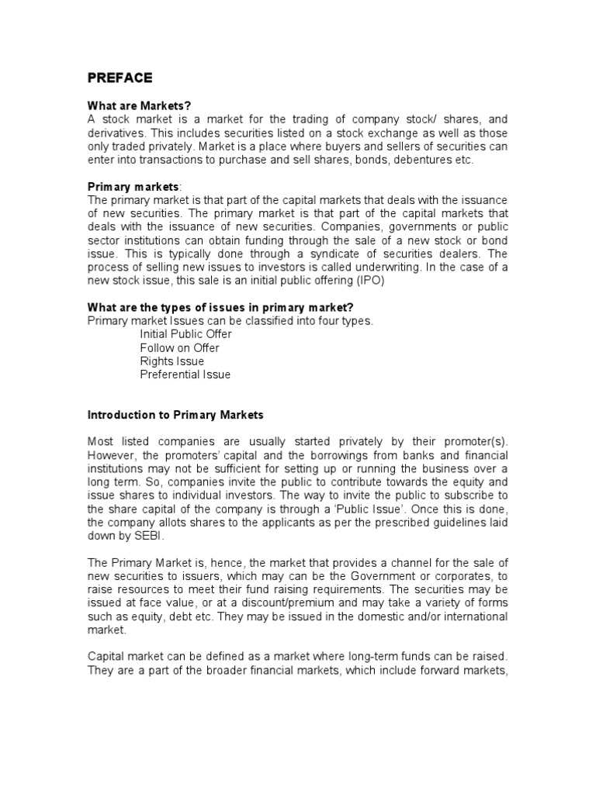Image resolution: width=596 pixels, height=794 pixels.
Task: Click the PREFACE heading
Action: pos(120,78)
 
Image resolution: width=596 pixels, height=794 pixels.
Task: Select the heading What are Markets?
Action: pos(138,106)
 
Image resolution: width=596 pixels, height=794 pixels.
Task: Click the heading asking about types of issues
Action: pos(215,307)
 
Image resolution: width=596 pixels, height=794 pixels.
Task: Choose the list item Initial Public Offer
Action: pos(185,334)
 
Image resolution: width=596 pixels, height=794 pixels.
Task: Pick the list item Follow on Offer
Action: pos(179,347)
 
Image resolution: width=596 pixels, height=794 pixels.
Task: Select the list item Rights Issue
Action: pos(172,361)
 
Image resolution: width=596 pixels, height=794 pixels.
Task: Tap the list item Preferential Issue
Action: pos(185,374)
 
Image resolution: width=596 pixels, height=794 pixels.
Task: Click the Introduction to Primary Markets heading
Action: pos(175,415)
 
